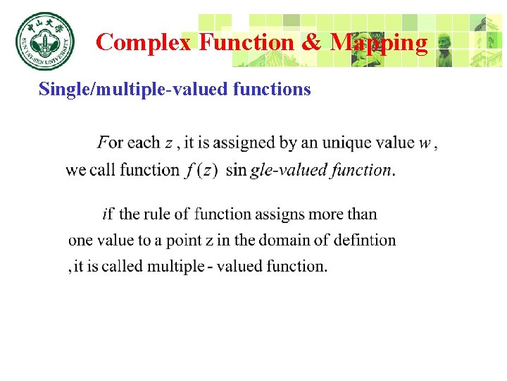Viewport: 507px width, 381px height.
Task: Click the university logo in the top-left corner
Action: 44,41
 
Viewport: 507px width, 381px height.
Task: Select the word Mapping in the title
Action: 379,43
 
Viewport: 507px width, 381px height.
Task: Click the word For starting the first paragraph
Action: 111,143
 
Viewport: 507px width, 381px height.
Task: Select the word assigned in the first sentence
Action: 242,143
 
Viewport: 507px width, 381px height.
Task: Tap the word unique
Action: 346,143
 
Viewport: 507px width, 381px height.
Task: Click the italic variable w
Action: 425,143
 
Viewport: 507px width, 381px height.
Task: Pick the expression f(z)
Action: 201,170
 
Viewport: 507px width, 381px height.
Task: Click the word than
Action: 361,214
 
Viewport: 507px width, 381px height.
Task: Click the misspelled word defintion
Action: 364,241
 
